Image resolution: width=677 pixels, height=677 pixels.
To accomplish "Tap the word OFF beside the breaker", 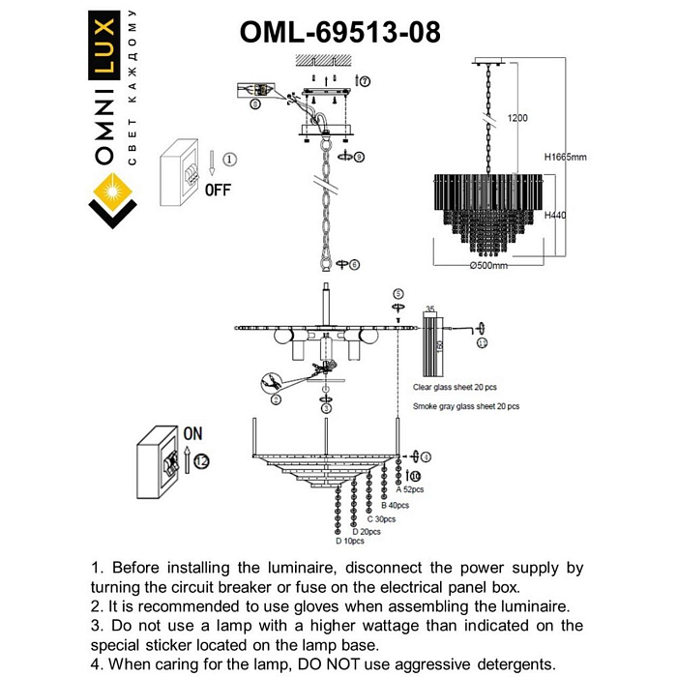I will tap(218, 191).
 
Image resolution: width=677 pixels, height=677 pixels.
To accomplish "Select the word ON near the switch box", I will tap(193, 434).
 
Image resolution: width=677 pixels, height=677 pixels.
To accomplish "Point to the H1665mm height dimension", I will tap(565, 156).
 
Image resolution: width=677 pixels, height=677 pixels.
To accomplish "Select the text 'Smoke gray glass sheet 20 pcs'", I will tap(465, 407).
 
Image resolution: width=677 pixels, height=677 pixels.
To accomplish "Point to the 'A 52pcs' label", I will tap(410, 490).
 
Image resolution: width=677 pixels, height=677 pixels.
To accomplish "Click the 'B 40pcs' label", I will tap(395, 505).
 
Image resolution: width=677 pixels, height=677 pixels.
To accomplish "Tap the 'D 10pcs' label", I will tap(351, 542).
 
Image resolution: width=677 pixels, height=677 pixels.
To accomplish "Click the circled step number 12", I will tap(201, 462).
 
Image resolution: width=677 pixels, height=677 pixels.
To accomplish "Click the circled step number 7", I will tap(364, 80).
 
